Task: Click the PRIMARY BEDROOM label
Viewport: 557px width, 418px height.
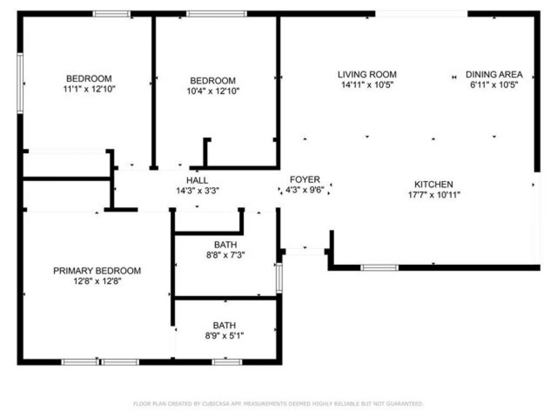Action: [x=97, y=271]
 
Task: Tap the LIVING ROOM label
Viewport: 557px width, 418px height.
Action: [x=367, y=74]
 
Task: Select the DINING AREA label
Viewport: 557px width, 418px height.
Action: [x=494, y=74]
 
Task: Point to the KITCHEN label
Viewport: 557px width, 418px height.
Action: [x=434, y=184]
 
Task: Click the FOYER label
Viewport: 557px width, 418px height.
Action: [x=304, y=180]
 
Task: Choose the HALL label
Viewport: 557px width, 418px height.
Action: [x=197, y=180]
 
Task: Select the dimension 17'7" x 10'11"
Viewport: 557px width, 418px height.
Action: [x=434, y=195]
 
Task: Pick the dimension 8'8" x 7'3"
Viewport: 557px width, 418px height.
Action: [x=226, y=255]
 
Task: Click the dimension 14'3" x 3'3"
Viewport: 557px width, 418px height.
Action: [x=197, y=190]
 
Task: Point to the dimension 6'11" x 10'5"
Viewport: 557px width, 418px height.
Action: [x=494, y=85]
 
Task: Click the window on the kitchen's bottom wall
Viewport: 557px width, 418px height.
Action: [x=379, y=268]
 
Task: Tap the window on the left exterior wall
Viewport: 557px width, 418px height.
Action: [x=20, y=83]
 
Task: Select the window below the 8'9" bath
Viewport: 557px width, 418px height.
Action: [x=227, y=362]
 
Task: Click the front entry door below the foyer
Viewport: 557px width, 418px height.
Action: [x=305, y=252]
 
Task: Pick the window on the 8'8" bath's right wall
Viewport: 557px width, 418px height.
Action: [x=279, y=278]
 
